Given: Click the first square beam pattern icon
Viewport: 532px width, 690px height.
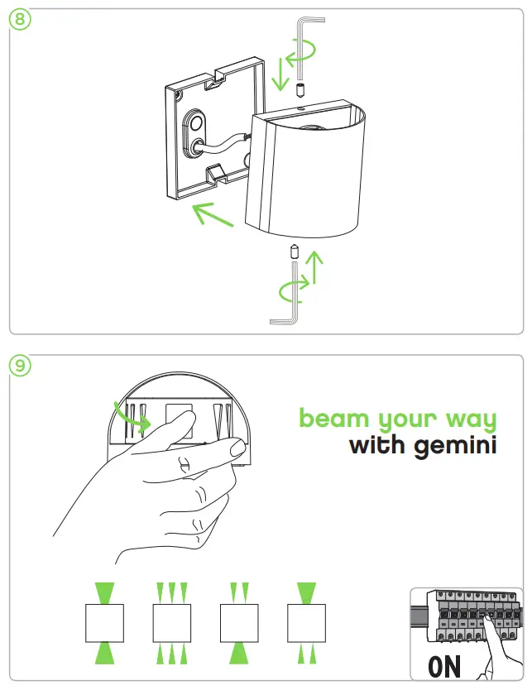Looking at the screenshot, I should pyautogui.click(x=105, y=622).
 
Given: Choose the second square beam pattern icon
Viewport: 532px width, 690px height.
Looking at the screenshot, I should pyautogui.click(x=171, y=622).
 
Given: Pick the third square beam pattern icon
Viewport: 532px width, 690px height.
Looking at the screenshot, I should pyautogui.click(x=238, y=622).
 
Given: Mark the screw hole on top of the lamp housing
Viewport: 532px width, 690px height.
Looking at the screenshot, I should pyautogui.click(x=301, y=106).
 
